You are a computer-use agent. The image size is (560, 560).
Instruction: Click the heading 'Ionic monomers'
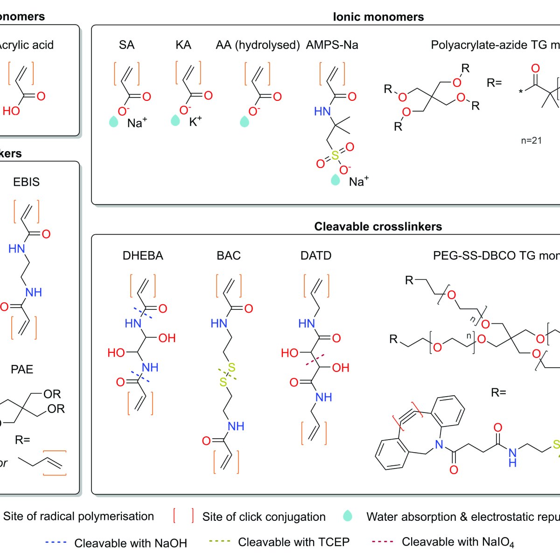pyautogui.click(x=378, y=17)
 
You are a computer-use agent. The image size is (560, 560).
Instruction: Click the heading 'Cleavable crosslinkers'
pyautogui.click(x=378, y=227)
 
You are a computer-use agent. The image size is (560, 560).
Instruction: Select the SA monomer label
pyautogui.click(x=126, y=45)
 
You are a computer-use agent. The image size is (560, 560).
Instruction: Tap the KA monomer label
pyautogui.click(x=183, y=45)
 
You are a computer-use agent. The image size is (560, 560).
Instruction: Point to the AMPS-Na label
pyautogui.click(x=332, y=45)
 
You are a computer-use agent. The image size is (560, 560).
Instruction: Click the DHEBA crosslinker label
pyautogui.click(x=143, y=256)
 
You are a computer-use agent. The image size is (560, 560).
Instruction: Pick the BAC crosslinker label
pyautogui.click(x=229, y=256)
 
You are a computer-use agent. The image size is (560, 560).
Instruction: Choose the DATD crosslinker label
pyautogui.click(x=316, y=256)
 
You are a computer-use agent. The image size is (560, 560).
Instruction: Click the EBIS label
pyautogui.click(x=26, y=182)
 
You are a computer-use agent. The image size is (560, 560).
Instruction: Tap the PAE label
pyautogui.click(x=22, y=370)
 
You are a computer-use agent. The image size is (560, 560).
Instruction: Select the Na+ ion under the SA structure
pyautogui.click(x=137, y=123)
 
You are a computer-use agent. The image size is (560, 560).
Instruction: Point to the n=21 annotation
pyautogui.click(x=531, y=140)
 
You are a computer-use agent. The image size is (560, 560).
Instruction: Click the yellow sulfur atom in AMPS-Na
pyautogui.click(x=335, y=155)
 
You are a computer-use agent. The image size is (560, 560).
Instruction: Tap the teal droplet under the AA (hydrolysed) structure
pyautogui.click(x=244, y=122)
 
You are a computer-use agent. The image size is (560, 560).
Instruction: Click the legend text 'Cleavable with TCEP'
pyautogui.click(x=294, y=542)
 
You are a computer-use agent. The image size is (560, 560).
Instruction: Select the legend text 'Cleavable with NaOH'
pyautogui.click(x=131, y=543)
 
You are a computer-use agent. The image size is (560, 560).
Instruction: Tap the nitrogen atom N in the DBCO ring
pyautogui.click(x=439, y=445)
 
